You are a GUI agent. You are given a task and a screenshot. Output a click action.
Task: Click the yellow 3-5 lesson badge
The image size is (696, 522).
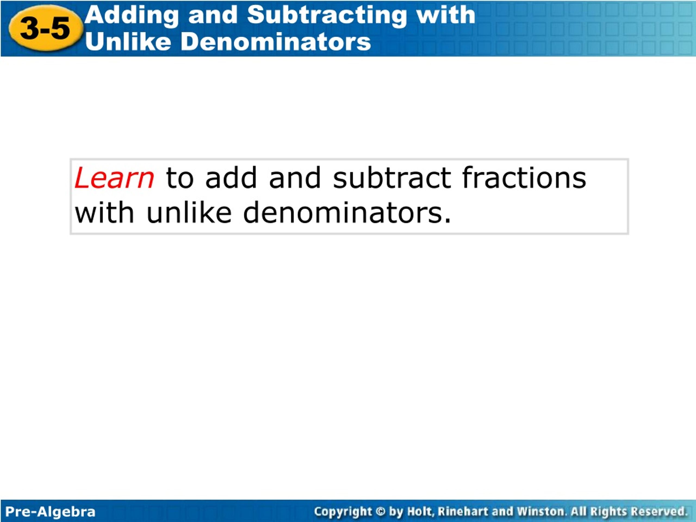(x=46, y=28)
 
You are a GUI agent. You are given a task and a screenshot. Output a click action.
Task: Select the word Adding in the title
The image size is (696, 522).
(x=132, y=16)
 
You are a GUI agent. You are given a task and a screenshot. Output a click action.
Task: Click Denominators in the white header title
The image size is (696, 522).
(x=276, y=42)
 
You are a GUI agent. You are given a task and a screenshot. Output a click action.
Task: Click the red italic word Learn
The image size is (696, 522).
(x=114, y=178)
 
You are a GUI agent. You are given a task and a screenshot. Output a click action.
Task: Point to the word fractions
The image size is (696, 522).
(x=524, y=178)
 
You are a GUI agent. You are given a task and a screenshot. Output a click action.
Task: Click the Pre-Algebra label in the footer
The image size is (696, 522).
(x=50, y=512)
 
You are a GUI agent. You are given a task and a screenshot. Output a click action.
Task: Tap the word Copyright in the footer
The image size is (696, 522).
(x=343, y=512)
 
